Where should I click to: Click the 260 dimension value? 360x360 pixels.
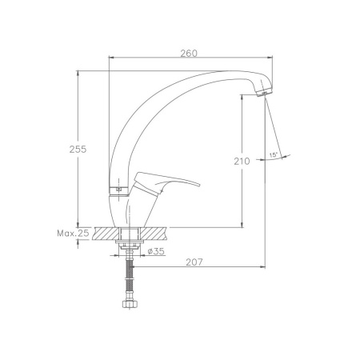[x=189, y=54]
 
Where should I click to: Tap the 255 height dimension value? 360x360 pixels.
[x=78, y=150]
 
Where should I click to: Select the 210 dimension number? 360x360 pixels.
[x=242, y=162]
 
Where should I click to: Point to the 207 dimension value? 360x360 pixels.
[x=194, y=262]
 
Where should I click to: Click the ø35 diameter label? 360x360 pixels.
[x=156, y=251]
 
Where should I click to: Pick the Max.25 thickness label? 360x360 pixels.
[x=73, y=234]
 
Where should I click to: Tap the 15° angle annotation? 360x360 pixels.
[x=274, y=154]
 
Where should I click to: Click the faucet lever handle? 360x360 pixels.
[x=165, y=182]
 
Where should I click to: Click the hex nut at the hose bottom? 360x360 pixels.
[x=130, y=304]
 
